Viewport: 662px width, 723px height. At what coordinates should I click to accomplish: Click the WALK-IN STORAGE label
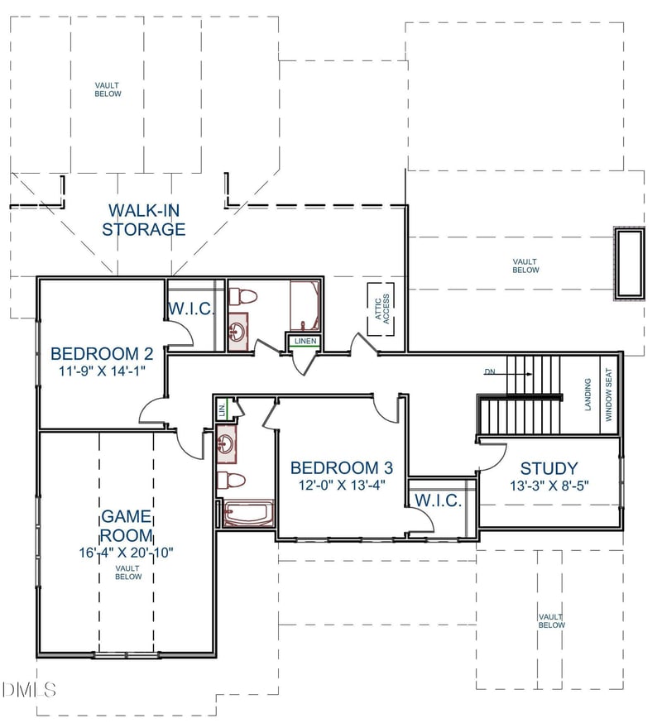[x=143, y=219]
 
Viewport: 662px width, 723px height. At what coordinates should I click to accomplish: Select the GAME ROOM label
[x=126, y=526]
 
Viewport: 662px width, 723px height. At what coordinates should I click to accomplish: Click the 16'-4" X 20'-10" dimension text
[x=127, y=552]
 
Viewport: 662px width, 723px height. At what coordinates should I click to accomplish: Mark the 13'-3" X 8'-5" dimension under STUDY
[x=549, y=486]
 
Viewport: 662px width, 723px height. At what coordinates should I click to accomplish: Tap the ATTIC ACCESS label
[x=381, y=309]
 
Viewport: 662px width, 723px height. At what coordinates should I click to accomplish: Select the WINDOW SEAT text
[x=608, y=396]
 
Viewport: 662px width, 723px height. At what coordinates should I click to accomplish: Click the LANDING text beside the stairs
[x=588, y=395]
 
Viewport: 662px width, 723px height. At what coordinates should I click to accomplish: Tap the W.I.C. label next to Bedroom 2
[x=192, y=309]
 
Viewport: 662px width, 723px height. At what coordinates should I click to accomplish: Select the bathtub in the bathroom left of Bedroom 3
[x=248, y=513]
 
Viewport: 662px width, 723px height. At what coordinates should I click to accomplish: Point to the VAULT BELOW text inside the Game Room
[x=127, y=572]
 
